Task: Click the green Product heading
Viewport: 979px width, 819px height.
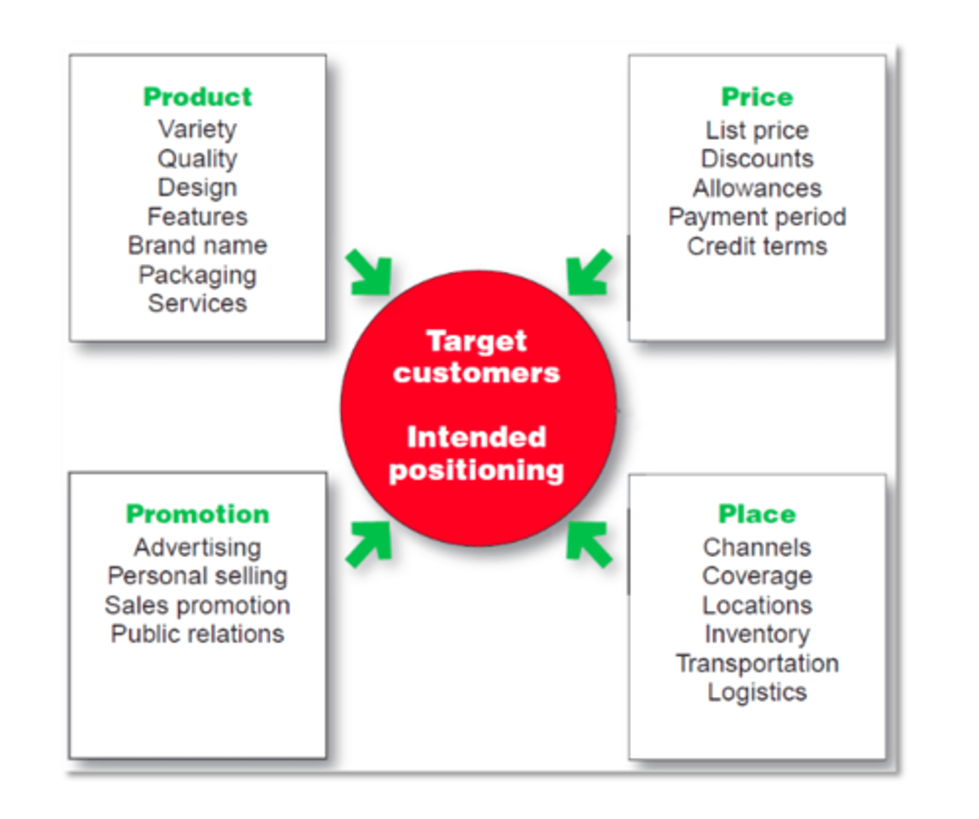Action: click(x=197, y=97)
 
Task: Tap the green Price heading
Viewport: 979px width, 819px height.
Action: click(x=757, y=97)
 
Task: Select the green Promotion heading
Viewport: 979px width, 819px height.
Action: click(x=197, y=514)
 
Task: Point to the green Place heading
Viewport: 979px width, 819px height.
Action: click(x=757, y=514)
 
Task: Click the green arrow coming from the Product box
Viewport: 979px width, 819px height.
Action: click(x=370, y=274)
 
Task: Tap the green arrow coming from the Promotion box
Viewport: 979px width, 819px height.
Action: click(x=370, y=543)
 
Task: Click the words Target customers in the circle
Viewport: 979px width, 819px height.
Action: click(x=476, y=357)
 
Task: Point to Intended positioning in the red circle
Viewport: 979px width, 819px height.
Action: click(x=476, y=453)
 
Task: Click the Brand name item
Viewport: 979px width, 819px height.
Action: click(x=197, y=245)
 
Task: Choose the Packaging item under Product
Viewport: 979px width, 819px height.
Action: click(x=197, y=274)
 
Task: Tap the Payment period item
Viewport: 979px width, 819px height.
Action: click(x=757, y=217)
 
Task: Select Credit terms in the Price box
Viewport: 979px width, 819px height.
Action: click(x=757, y=246)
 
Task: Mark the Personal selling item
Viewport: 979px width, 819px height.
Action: click(x=197, y=576)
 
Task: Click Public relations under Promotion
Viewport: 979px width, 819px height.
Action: click(x=197, y=634)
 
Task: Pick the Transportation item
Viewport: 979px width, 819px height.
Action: click(x=757, y=663)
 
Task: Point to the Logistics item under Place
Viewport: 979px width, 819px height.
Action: click(x=757, y=692)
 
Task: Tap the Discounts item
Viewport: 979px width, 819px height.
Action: click(x=757, y=159)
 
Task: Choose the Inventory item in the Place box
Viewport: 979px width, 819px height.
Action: click(x=757, y=634)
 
